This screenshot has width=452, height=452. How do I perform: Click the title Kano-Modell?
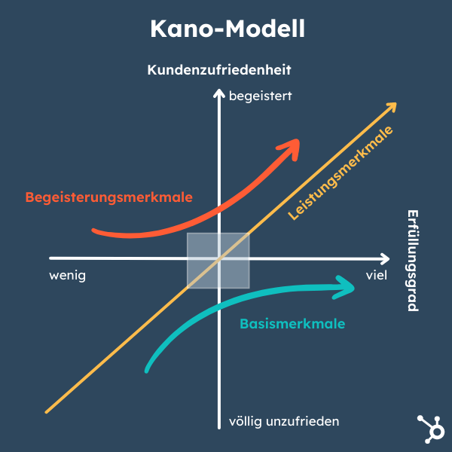click(x=226, y=29)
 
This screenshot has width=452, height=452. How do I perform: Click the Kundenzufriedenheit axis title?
click(x=219, y=70)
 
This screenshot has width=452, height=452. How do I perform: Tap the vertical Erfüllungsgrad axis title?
click(x=412, y=261)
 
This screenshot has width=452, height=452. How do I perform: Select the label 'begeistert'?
click(x=259, y=96)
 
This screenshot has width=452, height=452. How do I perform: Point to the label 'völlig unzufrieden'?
click(x=283, y=420)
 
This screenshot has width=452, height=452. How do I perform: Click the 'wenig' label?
click(x=68, y=276)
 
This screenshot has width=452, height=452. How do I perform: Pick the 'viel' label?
click(x=376, y=275)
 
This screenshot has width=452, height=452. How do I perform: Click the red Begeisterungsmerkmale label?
click(x=109, y=197)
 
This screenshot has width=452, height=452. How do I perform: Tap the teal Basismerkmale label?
click(x=292, y=324)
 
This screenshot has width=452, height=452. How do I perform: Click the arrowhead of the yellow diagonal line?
click(x=392, y=107)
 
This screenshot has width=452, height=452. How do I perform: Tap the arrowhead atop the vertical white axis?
click(x=218, y=93)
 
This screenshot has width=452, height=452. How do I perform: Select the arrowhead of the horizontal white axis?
click(x=385, y=258)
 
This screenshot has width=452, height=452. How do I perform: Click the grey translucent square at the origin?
click(x=218, y=261)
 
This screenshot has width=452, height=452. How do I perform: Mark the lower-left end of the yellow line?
click(x=47, y=411)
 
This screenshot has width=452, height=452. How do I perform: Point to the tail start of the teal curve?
click(x=147, y=370)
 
